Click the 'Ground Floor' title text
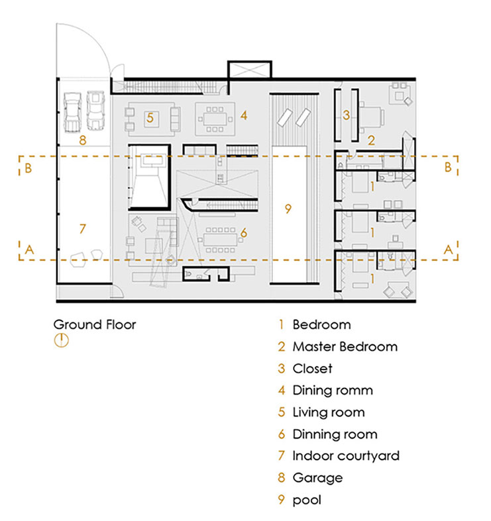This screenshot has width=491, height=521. point(94,324)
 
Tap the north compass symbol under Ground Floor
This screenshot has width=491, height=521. point(61,341)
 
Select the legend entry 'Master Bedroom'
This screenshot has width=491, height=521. point(345,346)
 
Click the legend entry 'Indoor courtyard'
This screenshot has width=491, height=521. point(345,455)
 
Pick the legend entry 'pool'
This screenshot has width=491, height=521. point(306,500)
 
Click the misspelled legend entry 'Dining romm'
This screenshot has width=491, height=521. point(332,390)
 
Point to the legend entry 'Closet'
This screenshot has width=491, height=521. point(311,368)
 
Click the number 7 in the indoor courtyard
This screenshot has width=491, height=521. point(82,229)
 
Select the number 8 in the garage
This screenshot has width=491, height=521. point(82,140)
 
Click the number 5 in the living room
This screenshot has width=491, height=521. point(150,118)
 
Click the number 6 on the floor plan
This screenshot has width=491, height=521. point(243,232)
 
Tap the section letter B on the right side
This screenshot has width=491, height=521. point(448,167)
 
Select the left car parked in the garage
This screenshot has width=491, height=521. point(72,111)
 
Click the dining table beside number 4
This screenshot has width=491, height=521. point(217,118)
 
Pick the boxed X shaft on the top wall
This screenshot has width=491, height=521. point(249,70)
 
